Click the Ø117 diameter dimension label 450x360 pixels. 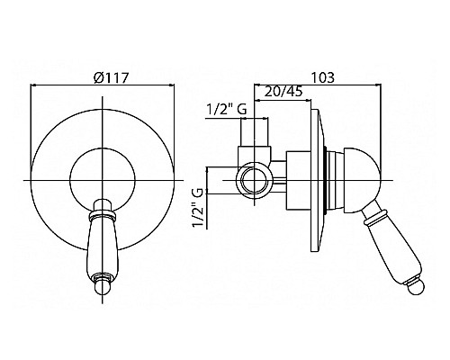(111, 78)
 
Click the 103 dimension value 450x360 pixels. (322, 77)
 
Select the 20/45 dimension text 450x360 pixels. (283, 91)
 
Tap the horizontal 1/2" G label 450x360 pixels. (227, 110)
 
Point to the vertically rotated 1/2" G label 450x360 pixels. (198, 208)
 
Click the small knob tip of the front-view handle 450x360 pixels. (103, 287)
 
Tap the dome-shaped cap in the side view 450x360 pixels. (363, 180)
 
